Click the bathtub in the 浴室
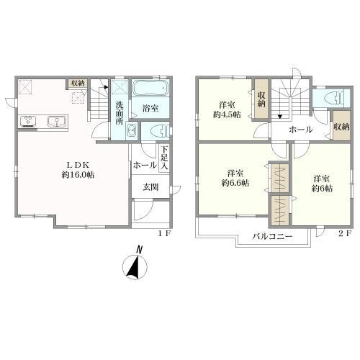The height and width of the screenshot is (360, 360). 150,88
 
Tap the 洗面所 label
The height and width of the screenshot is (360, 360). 120,113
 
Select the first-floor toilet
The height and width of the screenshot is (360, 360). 158,131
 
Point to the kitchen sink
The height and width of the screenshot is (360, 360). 57,122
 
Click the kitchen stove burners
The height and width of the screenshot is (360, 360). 28,121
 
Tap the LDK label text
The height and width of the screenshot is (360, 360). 78,165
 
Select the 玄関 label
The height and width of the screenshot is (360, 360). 150,187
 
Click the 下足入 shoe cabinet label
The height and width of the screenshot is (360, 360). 164,158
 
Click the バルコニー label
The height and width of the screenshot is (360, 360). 272,236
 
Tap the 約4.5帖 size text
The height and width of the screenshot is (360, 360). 227,114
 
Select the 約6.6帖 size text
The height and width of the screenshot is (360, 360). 235,183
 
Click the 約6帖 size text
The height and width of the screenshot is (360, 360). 322,189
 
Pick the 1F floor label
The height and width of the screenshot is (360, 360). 164,234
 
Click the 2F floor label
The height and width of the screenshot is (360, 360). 345,233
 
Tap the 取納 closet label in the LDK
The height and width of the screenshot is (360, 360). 78,84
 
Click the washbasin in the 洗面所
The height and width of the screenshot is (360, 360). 131,131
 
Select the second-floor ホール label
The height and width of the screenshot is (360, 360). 301,130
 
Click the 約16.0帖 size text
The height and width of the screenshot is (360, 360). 78,174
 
